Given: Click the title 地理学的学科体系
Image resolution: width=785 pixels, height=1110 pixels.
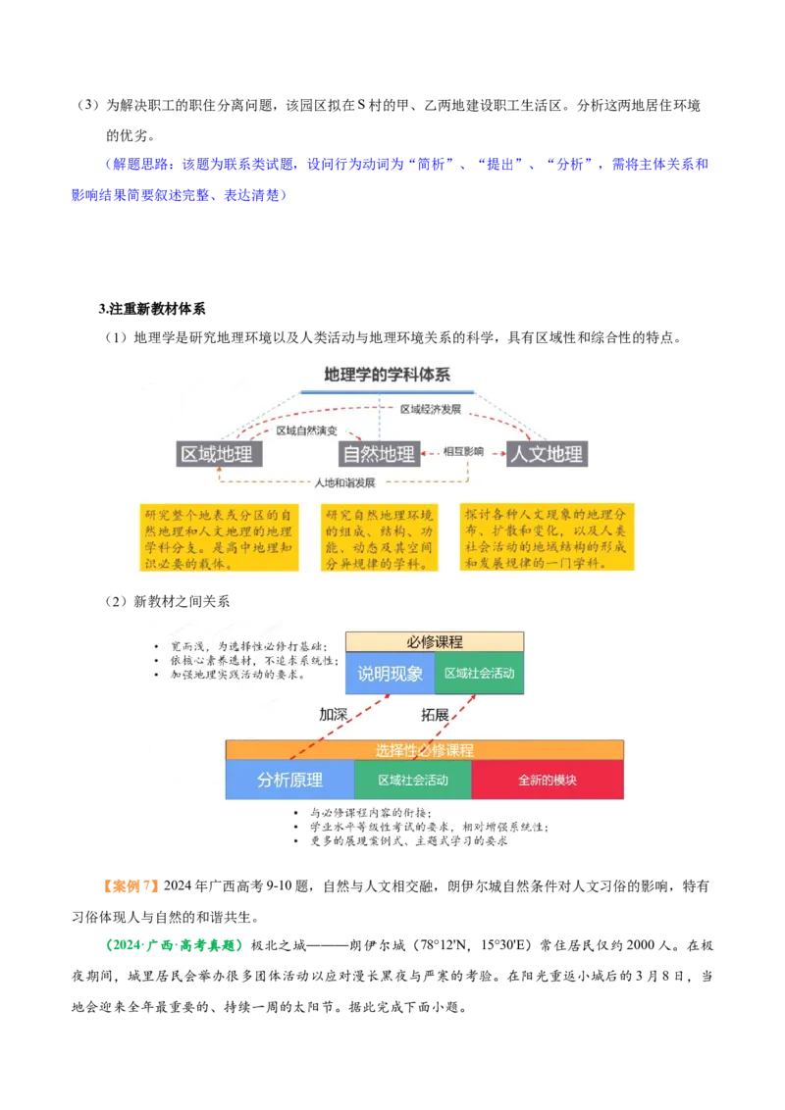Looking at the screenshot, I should (x=387, y=374).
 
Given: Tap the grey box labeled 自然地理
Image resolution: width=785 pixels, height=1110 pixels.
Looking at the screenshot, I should (x=378, y=454).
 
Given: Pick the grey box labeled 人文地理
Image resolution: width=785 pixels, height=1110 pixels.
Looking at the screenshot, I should (x=547, y=454).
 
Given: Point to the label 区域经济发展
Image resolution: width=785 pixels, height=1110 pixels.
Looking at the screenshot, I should (x=430, y=409).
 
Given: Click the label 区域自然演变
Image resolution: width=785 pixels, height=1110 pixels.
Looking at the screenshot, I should (x=306, y=430).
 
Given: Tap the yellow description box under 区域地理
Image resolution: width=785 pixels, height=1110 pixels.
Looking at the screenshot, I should (x=218, y=537).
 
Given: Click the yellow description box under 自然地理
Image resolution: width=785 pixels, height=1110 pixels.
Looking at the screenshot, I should (x=380, y=537).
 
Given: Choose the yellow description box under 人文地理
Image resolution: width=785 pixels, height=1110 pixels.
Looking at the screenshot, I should (x=547, y=537).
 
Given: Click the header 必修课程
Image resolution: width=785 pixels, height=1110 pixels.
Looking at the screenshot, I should (x=435, y=642).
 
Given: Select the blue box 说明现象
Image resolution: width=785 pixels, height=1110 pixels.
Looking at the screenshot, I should (x=390, y=674).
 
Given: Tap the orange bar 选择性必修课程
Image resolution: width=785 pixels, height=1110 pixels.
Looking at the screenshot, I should (x=425, y=750).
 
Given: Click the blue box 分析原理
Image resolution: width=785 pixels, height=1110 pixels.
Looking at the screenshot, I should (x=289, y=781).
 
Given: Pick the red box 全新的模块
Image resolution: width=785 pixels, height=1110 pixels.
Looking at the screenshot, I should (x=548, y=781).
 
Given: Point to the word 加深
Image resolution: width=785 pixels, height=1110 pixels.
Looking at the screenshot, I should (x=333, y=715).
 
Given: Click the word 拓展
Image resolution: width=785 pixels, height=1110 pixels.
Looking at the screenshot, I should (x=435, y=715).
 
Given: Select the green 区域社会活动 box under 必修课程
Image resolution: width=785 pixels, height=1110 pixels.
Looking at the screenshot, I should (x=479, y=674).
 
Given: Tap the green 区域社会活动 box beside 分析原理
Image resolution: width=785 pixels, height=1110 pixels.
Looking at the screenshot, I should (x=413, y=781).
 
